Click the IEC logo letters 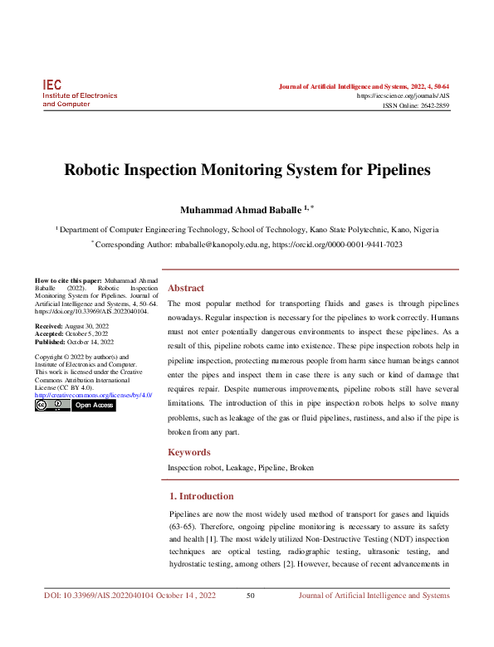point(51,85)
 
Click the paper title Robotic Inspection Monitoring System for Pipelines point(247,171)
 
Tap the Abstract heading point(186,288)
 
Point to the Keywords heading point(189,452)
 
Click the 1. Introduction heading point(201,496)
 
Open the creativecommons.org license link point(93,396)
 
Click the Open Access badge point(94,406)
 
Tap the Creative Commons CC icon point(52,406)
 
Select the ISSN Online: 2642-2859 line point(415,106)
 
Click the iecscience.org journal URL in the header point(403,96)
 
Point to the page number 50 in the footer point(251,596)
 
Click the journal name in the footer point(374,596)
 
